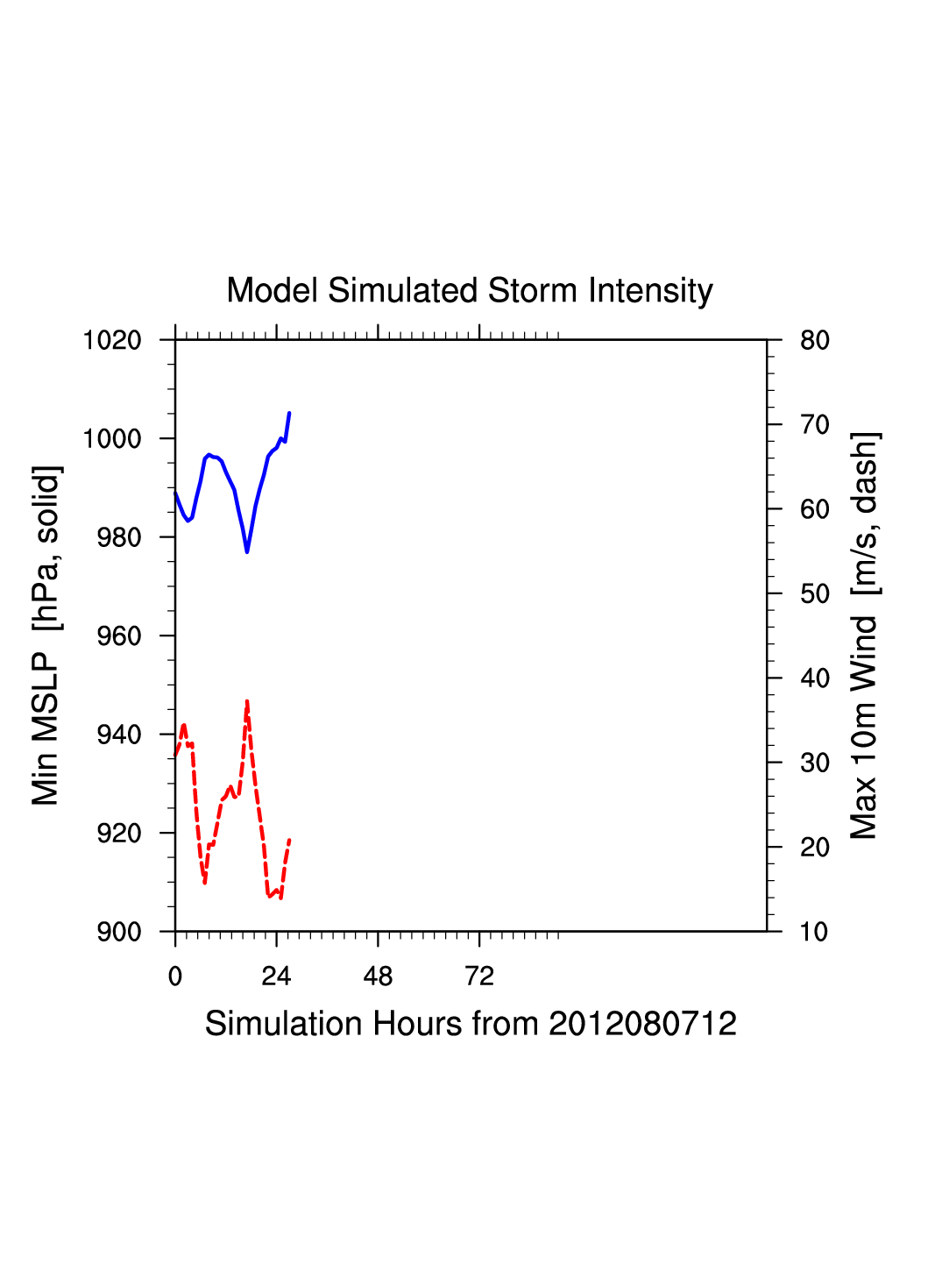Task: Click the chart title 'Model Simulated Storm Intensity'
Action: (x=470, y=291)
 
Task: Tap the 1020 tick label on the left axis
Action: (x=112, y=340)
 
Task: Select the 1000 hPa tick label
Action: (x=112, y=438)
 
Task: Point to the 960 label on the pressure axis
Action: (x=119, y=636)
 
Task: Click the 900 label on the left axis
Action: (x=119, y=932)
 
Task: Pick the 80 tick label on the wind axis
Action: (x=815, y=340)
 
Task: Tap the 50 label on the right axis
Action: (x=815, y=594)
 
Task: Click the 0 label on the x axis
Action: (x=175, y=976)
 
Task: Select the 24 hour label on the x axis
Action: (x=276, y=976)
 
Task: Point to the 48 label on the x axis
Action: (x=378, y=976)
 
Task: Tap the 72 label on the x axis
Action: (x=479, y=976)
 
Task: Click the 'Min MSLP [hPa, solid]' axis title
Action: (x=46, y=635)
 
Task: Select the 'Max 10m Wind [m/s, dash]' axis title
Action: (x=864, y=635)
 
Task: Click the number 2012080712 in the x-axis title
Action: (x=642, y=1024)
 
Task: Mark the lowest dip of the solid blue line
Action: (x=247, y=551)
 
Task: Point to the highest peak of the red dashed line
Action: (x=247, y=701)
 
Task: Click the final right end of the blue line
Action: (x=289, y=413)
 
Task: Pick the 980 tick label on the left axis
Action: (x=119, y=537)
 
